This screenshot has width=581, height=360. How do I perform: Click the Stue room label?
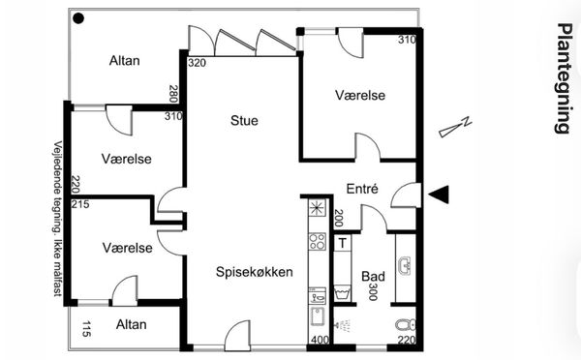[244, 120]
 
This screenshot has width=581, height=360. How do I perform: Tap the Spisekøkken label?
[254, 272]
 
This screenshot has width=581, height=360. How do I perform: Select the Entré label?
[362, 189]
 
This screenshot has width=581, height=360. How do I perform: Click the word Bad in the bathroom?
[373, 277]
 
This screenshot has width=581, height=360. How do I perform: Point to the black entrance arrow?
[439, 195]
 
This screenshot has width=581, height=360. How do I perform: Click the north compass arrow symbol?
[455, 127]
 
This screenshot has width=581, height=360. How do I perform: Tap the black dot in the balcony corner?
[78, 18]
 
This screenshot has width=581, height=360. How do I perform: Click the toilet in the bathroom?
[406, 325]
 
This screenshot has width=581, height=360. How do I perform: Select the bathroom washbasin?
[406, 266]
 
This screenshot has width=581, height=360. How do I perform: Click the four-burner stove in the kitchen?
[318, 241]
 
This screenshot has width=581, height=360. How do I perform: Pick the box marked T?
[343, 243]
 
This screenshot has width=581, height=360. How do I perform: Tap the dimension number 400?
[320, 340]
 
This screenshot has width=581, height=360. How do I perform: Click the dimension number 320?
[197, 63]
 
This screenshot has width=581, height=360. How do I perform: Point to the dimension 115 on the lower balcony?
[86, 329]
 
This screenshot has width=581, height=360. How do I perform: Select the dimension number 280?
[173, 94]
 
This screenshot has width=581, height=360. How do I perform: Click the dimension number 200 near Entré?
[339, 218]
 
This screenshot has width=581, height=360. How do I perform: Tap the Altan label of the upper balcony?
[125, 60]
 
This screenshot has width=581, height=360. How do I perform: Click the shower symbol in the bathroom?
[343, 325]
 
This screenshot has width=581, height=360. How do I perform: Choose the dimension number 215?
[80, 204]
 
